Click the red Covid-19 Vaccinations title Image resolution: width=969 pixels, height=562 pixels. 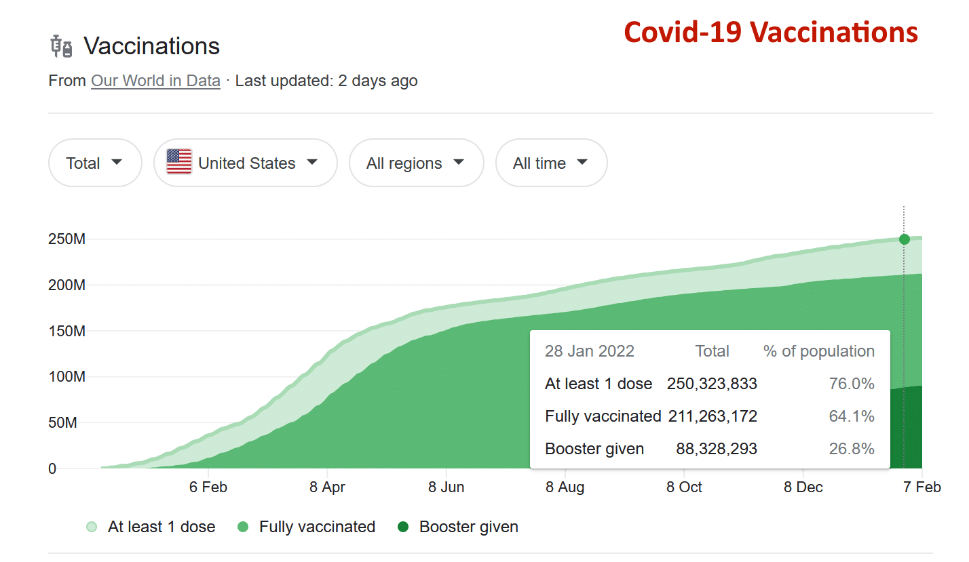point(771,32)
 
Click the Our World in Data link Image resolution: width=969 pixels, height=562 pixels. point(155,81)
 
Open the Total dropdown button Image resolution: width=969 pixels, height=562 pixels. point(94,163)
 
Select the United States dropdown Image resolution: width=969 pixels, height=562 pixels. point(246,163)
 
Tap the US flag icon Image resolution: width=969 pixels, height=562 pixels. point(179,162)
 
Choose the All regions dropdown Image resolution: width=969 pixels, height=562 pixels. point(415,163)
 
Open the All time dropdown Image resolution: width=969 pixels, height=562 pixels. point(550,163)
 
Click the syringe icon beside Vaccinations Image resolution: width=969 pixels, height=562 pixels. point(62,47)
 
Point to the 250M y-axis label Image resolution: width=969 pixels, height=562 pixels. point(66,239)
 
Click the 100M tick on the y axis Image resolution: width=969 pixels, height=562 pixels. point(66,377)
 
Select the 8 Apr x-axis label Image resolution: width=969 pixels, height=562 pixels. point(327,487)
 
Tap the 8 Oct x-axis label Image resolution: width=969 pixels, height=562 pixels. point(684,487)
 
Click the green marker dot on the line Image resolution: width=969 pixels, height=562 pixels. point(904,239)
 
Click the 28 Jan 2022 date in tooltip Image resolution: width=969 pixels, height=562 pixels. point(589,351)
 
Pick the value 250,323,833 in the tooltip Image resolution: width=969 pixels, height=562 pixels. point(712,384)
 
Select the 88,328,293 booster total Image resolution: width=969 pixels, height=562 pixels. point(717,449)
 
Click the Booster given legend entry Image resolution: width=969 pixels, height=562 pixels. point(460,527)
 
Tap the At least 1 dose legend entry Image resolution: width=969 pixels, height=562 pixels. point(152,527)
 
